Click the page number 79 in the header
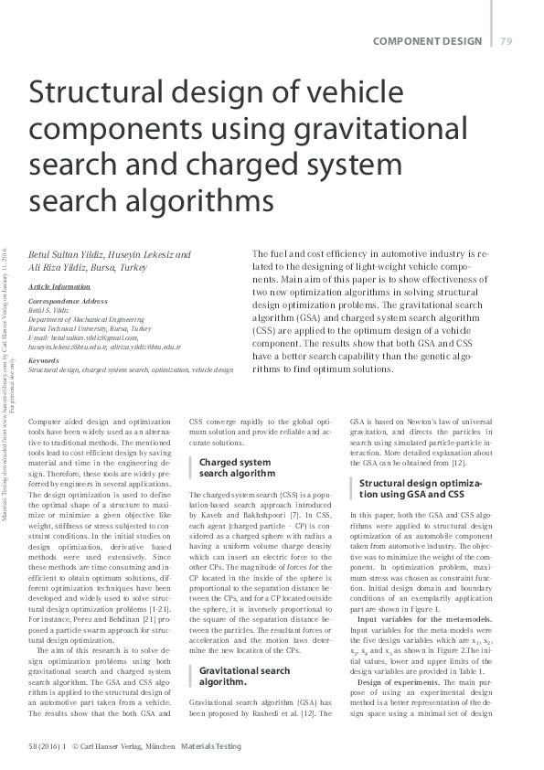point(506,41)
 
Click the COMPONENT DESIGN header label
point(428,41)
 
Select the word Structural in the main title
point(98,94)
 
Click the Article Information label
point(59,286)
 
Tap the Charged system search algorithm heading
point(236,468)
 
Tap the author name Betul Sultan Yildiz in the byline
point(65,254)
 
